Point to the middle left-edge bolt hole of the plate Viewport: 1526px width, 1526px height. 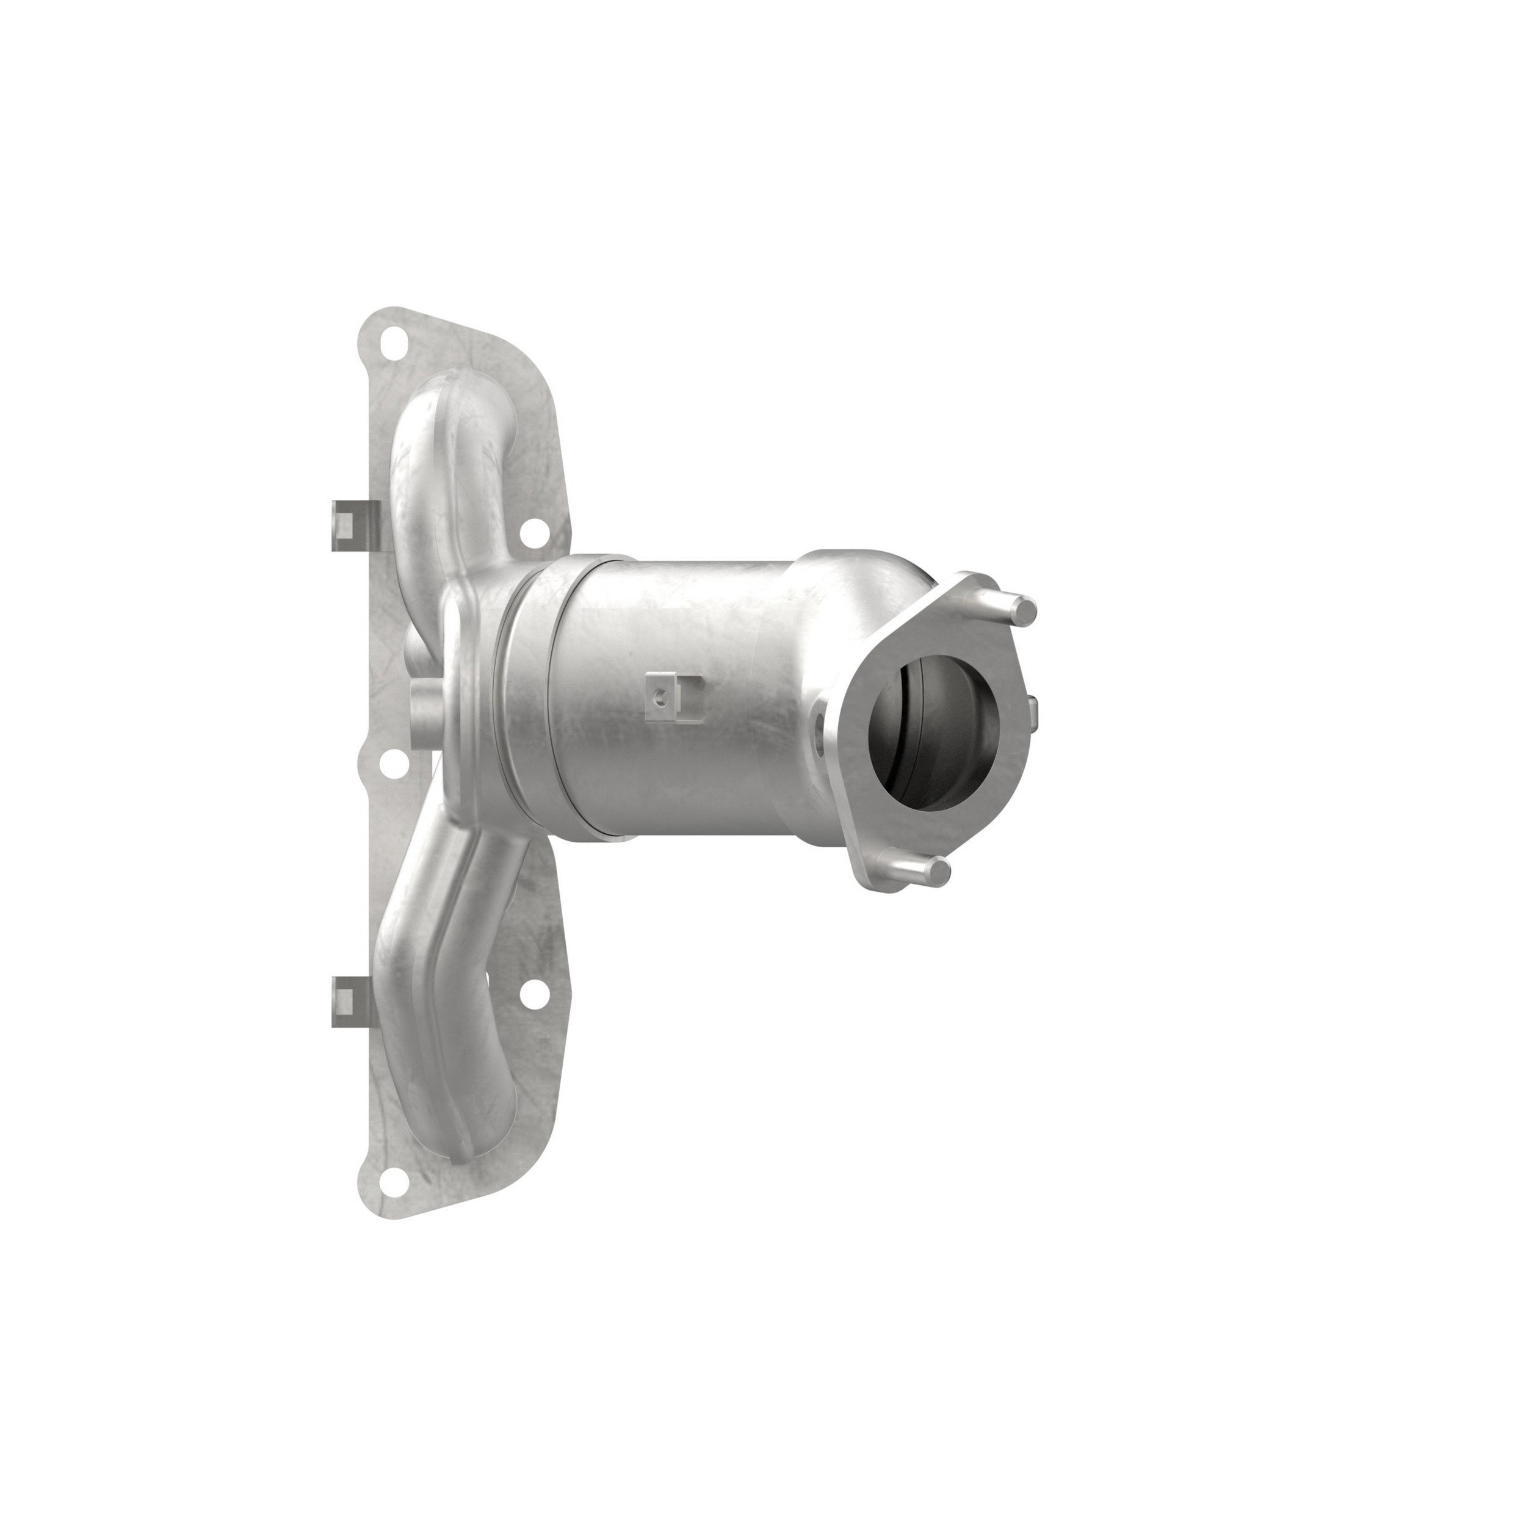click(x=392, y=762)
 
